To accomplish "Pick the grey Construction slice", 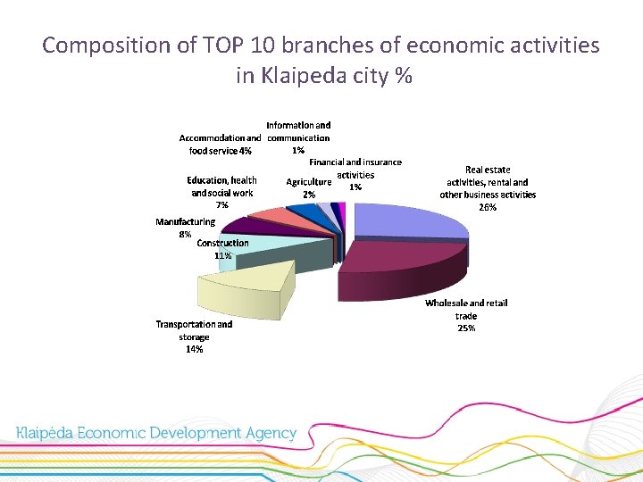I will (286, 254).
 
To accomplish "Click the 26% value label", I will (488, 207).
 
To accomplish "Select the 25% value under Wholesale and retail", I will (466, 328).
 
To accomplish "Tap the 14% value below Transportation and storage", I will (194, 349).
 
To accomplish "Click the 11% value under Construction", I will (222, 255).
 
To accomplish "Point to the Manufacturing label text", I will (185, 221).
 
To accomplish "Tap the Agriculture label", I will (308, 182).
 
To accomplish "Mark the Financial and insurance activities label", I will (355, 169).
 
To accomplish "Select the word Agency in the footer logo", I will (268, 434).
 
